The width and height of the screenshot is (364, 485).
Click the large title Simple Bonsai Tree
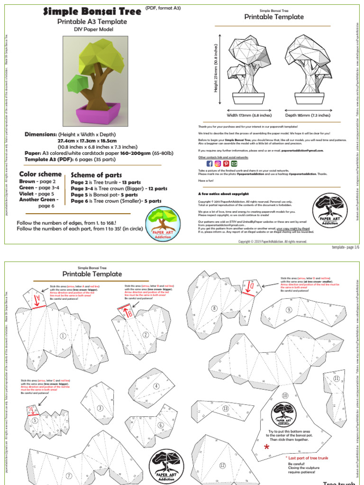pyautogui.click(x=92, y=11)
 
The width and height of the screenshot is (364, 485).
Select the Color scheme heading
pyautogui.click(x=40, y=174)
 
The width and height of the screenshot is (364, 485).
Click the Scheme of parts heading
pyautogui.click(x=96, y=175)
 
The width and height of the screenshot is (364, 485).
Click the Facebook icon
pyautogui.click(x=210, y=163)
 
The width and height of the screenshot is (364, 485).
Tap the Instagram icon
pyautogui.click(x=218, y=163)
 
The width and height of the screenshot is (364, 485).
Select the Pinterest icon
pyautogui.click(x=226, y=163)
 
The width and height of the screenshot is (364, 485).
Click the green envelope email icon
pyautogui.click(x=234, y=163)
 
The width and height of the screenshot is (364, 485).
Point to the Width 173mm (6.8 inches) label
pyautogui.click(x=249, y=115)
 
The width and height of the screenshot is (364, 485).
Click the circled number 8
pyautogui.click(x=214, y=308)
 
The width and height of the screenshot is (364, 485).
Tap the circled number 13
pyautogui.click(x=226, y=408)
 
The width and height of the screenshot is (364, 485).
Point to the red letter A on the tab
pyautogui.click(x=36, y=299)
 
